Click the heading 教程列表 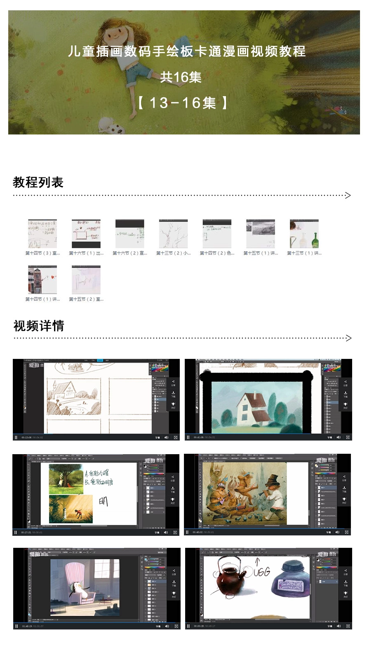(38, 182)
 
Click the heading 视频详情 (39, 326)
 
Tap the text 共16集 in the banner (181, 77)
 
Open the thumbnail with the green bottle (304, 234)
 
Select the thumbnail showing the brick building (42, 279)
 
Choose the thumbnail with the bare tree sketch (173, 234)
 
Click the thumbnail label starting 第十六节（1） (86, 253)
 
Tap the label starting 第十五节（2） (86, 299)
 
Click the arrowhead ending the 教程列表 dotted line (348, 195)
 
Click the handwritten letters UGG (261, 572)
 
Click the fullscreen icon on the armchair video (176, 626)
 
